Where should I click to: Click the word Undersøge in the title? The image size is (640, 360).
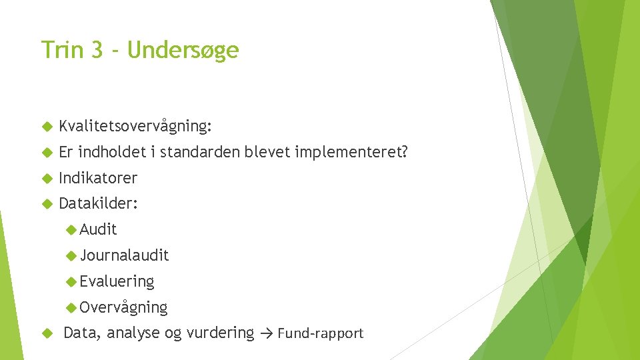pos(183,50)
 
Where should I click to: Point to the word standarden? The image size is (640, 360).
pos(201,153)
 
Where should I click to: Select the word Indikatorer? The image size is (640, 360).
pos(98,178)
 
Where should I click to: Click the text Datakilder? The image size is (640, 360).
pos(99,203)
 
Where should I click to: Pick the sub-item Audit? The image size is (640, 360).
pos(98,229)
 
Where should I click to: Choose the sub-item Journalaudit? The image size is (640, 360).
pos(124,255)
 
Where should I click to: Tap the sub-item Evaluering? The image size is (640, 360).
pos(117,281)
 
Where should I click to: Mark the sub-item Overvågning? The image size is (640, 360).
pos(123,307)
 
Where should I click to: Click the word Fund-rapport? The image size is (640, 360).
pos(321,333)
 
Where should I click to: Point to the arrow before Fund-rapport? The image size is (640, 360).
pos(267,333)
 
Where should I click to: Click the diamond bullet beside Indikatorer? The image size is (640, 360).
pos(47,179)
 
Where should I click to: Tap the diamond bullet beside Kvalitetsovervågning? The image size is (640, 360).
pos(47,127)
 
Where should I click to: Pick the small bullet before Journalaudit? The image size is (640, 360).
pos(71,255)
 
